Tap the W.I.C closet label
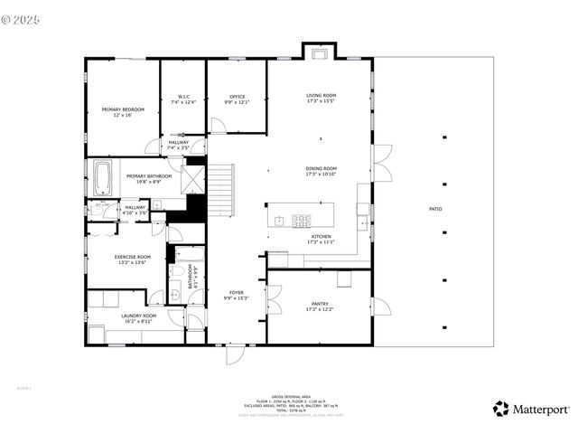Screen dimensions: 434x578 182,99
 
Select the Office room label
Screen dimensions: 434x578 237,99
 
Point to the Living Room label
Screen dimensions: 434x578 321,98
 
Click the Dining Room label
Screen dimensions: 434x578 321,171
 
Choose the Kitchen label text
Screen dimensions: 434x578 321,239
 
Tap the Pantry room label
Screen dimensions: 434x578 320,307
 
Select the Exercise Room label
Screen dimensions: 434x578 132,259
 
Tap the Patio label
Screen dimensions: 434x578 435,209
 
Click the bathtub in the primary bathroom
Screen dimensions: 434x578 101,177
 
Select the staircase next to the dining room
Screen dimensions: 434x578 222,190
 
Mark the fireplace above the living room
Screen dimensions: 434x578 319,52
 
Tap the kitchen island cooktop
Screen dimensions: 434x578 301,218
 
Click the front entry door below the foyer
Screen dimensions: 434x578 236,354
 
